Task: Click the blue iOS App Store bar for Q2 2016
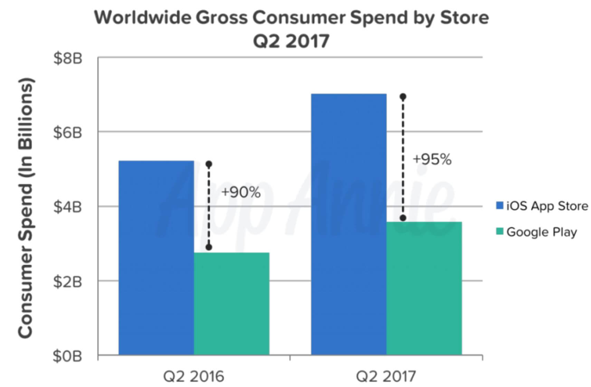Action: pos(156,258)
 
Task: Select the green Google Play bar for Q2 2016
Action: pos(231,304)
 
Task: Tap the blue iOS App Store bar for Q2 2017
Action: pos(349,224)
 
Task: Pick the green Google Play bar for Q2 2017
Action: pos(424,288)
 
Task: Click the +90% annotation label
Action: pos(241,192)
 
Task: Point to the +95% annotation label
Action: pos(432,159)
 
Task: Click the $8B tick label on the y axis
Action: pos(68,58)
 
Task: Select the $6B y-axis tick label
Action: pos(68,132)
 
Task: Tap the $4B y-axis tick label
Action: pos(68,207)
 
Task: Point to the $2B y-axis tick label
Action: pos(68,282)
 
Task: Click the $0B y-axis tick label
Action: pos(68,356)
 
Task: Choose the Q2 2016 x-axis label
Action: pos(193,376)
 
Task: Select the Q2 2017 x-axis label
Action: pos(386,376)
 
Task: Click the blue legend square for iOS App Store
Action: pos(499,206)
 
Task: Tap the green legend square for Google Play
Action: pos(499,231)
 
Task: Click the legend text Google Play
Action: pos(542,232)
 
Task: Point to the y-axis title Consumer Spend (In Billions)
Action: pos(26,208)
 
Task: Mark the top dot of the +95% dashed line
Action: pos(403,96)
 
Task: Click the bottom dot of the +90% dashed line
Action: pos(209,247)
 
